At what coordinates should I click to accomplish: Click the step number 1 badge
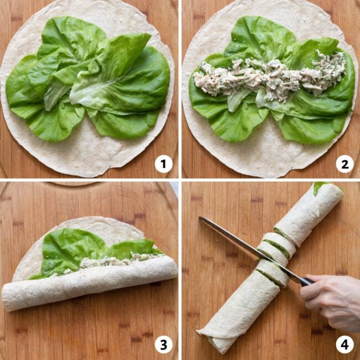pyautogui.click(x=163, y=163)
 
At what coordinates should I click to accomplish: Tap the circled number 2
pyautogui.click(x=344, y=163)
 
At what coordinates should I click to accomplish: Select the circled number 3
pyautogui.click(x=163, y=344)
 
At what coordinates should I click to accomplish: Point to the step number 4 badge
pyautogui.click(x=344, y=344)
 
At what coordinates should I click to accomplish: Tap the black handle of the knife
pyautogui.click(x=305, y=281)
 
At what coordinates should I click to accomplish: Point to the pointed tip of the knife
pyautogui.click(x=201, y=218)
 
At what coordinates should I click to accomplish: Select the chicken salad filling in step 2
pyautogui.click(x=271, y=78)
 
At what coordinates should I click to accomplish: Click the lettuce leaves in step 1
pyautogui.click(x=89, y=83)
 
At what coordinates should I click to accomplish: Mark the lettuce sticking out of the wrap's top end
pyautogui.click(x=321, y=187)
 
